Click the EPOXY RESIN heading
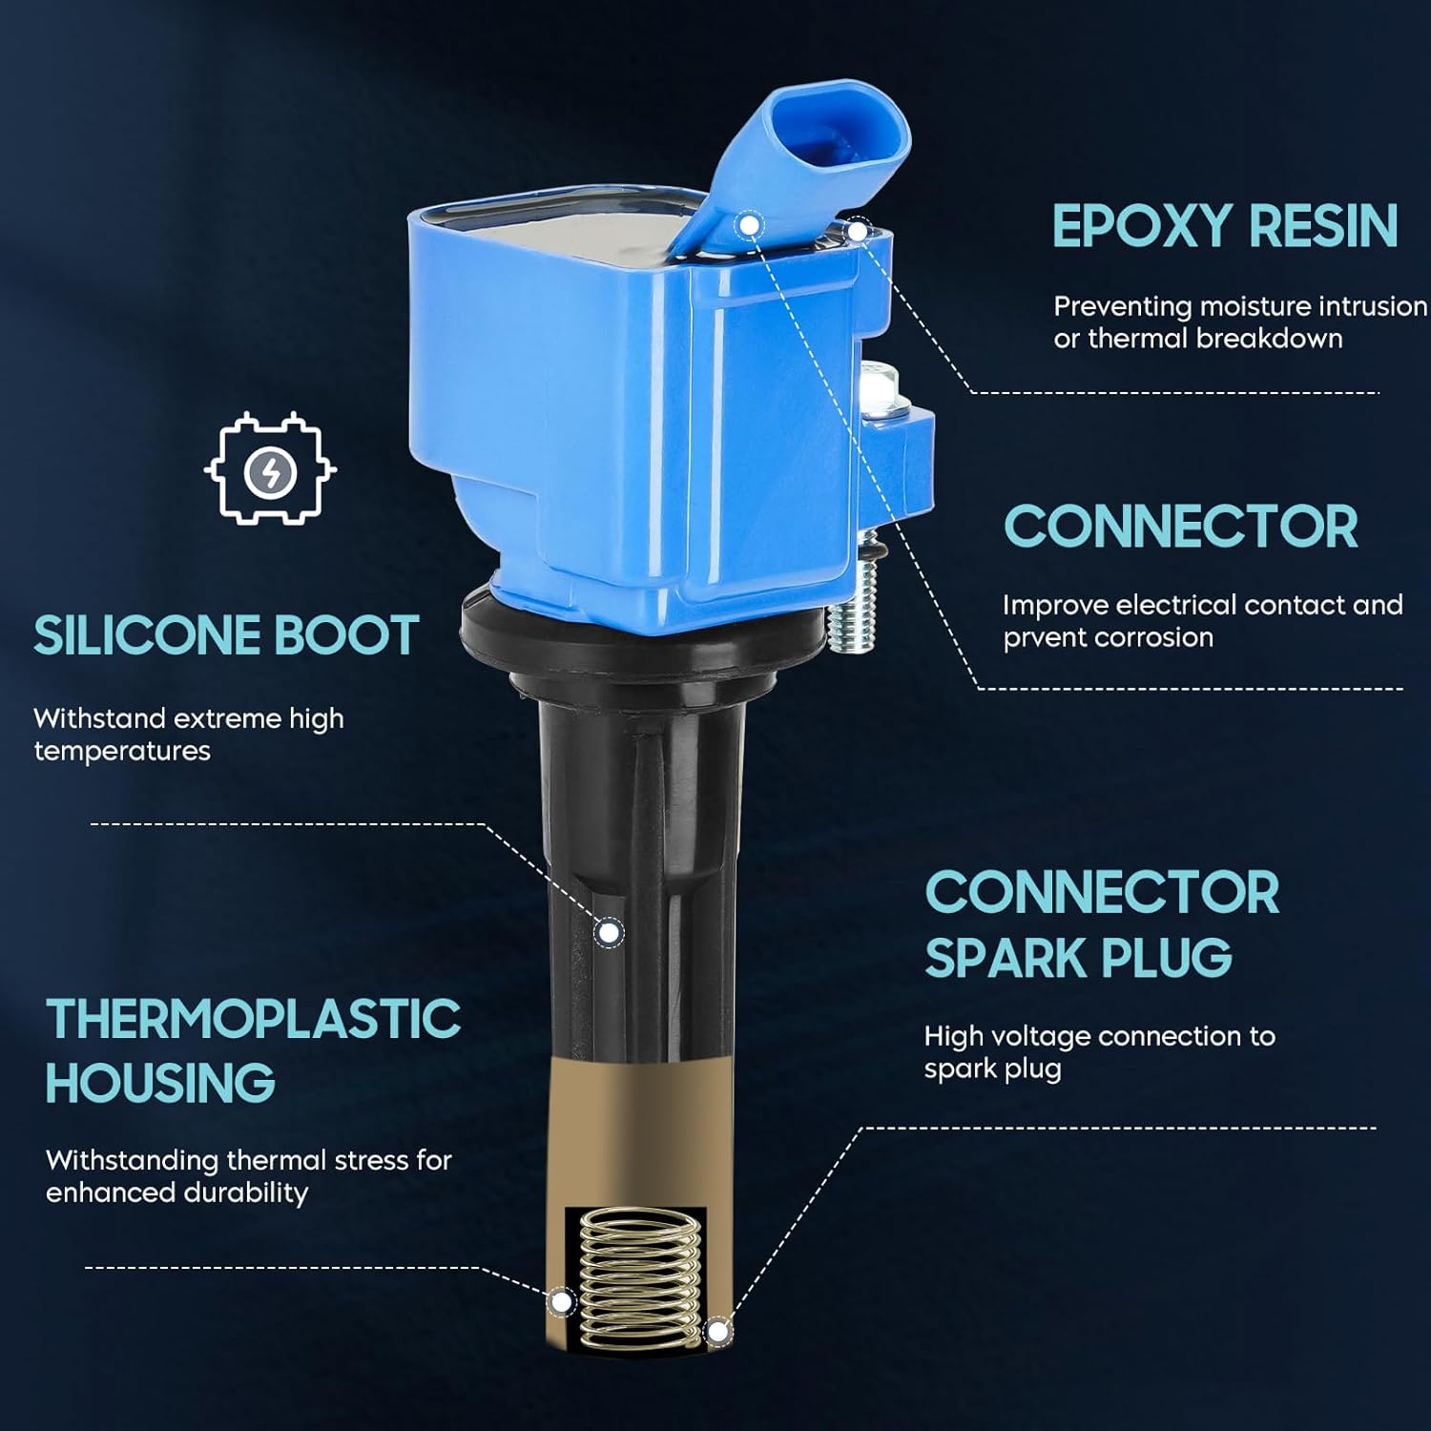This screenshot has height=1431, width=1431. [x=1225, y=226]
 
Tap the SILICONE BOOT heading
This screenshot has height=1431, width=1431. [x=226, y=635]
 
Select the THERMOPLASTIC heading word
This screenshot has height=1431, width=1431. [x=254, y=1019]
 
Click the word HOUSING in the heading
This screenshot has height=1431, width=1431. [x=160, y=1083]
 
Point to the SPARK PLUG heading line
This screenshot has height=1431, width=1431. [x=1079, y=958]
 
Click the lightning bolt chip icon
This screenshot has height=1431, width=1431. [x=270, y=468]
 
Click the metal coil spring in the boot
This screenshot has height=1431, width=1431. [x=639, y=1278]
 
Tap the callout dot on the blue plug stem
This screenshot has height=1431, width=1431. [x=750, y=225]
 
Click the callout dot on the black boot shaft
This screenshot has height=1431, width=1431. [x=609, y=932]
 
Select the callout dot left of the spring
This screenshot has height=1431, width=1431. [x=562, y=1302]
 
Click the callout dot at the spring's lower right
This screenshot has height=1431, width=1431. [x=718, y=1331]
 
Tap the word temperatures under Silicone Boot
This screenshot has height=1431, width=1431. [x=122, y=752]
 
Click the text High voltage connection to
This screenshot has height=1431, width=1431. [x=1099, y=1036]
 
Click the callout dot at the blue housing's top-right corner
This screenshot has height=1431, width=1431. [x=858, y=231]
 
